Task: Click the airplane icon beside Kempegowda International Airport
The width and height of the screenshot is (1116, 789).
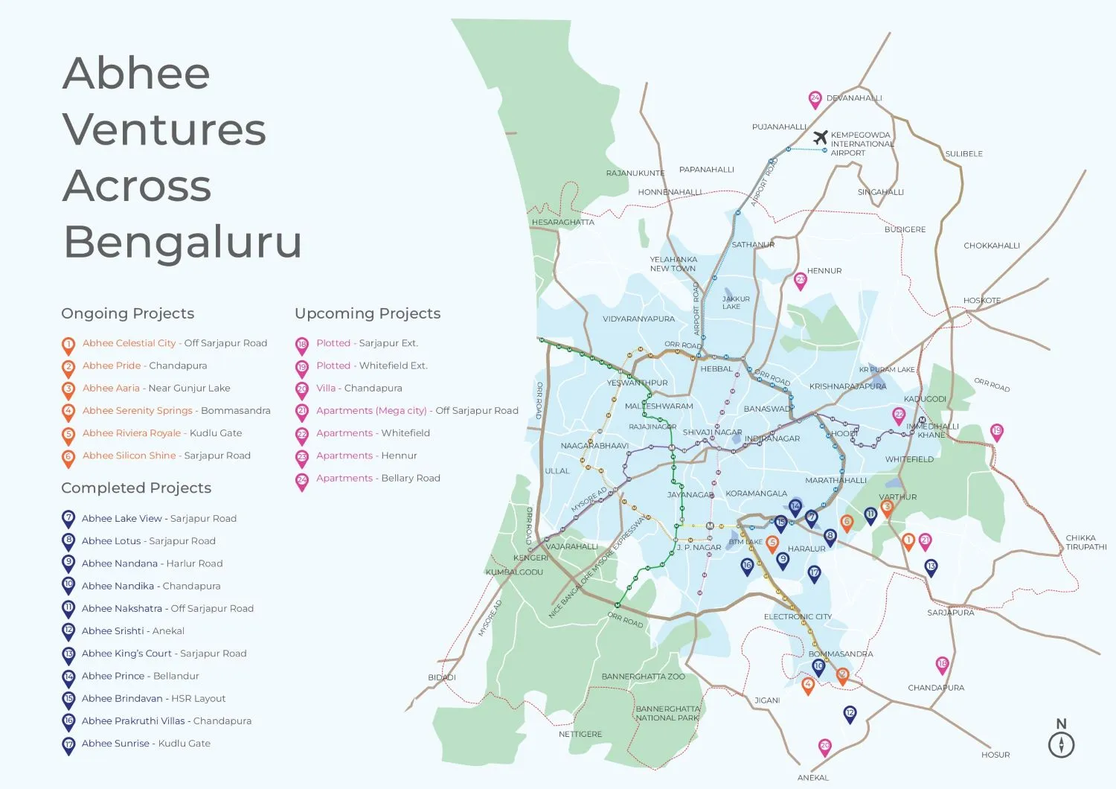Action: pyautogui.click(x=820, y=138)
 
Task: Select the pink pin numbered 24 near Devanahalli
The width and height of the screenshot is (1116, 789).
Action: pyautogui.click(x=815, y=99)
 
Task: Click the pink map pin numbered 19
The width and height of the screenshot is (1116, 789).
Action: pyautogui.click(x=996, y=432)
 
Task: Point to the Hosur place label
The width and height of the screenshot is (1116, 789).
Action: pyautogui.click(x=995, y=755)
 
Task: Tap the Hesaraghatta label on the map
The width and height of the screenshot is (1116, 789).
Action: pyautogui.click(x=562, y=222)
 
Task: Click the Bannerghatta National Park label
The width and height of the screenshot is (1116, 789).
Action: pyautogui.click(x=667, y=713)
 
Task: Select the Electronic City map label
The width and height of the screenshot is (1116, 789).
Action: pyautogui.click(x=798, y=616)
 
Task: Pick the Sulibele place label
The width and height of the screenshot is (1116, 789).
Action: pyautogui.click(x=963, y=154)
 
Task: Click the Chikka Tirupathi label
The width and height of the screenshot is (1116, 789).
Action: pyautogui.click(x=1085, y=542)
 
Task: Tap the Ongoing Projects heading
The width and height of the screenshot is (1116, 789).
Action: pyautogui.click(x=127, y=313)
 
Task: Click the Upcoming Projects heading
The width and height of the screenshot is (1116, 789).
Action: pyautogui.click(x=368, y=313)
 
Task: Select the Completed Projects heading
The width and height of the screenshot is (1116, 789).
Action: pyautogui.click(x=136, y=488)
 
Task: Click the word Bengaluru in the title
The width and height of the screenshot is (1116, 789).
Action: pyautogui.click(x=182, y=241)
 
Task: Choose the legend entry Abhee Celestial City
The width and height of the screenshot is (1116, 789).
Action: pyautogui.click(x=129, y=343)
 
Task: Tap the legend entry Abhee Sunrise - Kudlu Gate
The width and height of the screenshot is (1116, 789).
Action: pyautogui.click(x=146, y=743)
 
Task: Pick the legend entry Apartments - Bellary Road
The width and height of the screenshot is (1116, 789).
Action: pyautogui.click(x=378, y=478)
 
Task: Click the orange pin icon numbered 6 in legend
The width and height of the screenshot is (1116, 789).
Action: pyautogui.click(x=68, y=457)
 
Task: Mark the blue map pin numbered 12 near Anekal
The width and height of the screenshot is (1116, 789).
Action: pyautogui.click(x=850, y=714)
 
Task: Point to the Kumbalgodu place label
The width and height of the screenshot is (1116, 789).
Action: pyautogui.click(x=514, y=572)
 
